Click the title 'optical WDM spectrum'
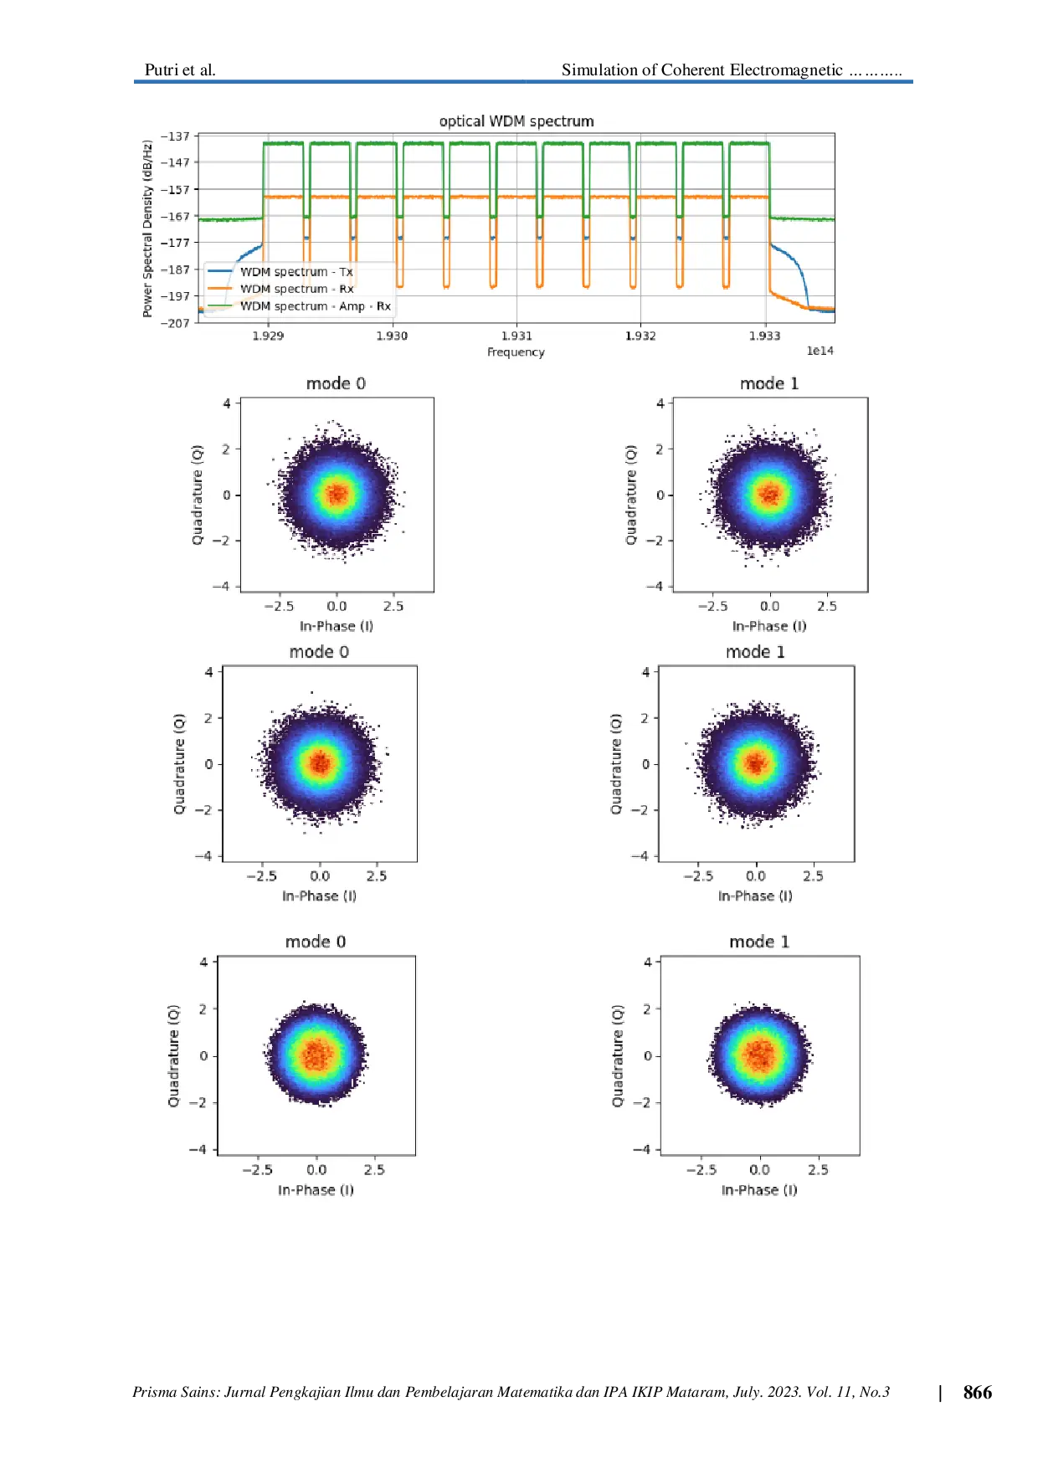516,121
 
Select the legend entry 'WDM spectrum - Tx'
296,272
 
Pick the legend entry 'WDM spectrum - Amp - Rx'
315,306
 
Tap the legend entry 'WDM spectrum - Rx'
296,289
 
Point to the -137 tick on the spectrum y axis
176,136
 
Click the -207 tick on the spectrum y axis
176,323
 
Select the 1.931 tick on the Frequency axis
516,336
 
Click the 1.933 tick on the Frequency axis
764,336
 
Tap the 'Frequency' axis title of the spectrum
516,352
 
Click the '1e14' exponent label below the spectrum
820,351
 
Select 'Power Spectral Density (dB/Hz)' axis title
147,228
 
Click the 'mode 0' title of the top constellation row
336,383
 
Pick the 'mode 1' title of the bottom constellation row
759,942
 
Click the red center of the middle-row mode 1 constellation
756,763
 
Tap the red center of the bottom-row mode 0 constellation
316,1055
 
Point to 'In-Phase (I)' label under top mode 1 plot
769,626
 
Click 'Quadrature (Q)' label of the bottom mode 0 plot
173,1055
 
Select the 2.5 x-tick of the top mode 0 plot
393,606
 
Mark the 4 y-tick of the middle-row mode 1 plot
645,672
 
